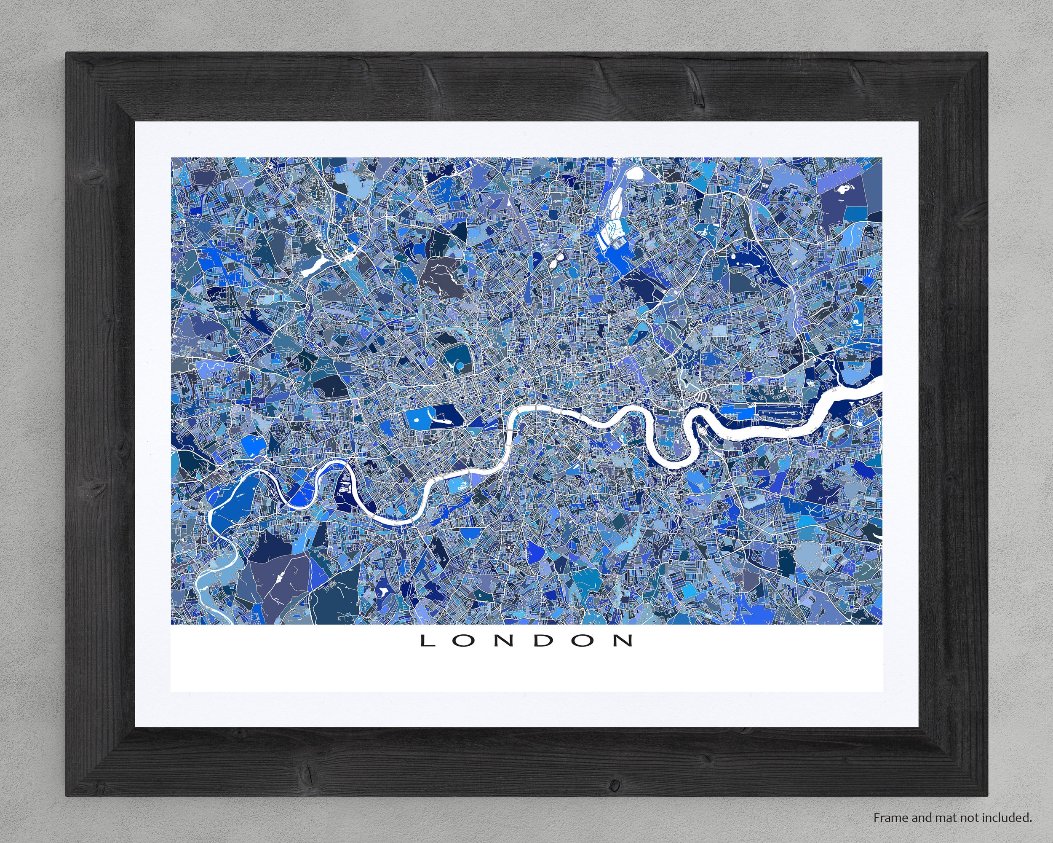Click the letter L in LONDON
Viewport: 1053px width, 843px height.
click(x=428, y=641)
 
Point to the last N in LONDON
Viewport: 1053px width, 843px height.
click(x=624, y=641)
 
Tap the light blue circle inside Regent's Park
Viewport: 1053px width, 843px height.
click(x=458, y=365)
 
